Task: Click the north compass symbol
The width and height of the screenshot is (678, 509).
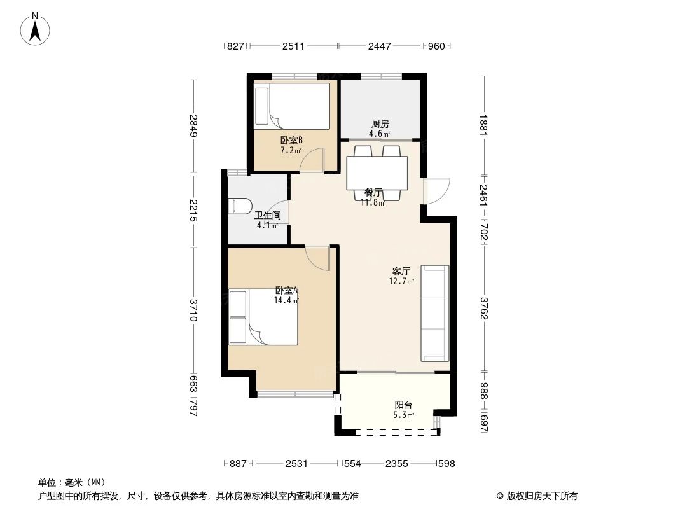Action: [36, 29]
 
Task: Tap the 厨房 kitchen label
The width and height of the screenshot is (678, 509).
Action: [380, 124]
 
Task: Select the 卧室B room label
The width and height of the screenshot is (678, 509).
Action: [291, 141]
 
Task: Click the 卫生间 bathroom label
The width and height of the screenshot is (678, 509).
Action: [267, 216]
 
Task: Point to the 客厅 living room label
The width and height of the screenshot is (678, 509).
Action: [401, 271]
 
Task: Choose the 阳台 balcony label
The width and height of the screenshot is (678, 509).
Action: [403, 405]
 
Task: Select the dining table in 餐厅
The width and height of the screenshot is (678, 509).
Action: [377, 173]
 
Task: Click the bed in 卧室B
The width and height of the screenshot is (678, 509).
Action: [292, 106]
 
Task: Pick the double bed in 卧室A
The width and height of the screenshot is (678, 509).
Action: [264, 317]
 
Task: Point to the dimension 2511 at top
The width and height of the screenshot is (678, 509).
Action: [293, 46]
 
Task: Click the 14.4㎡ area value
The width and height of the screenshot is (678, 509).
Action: [286, 300]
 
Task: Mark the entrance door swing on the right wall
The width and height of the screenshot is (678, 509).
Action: [436, 190]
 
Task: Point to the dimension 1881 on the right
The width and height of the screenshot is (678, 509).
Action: [484, 125]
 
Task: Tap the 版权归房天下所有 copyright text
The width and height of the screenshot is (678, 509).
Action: [537, 496]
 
